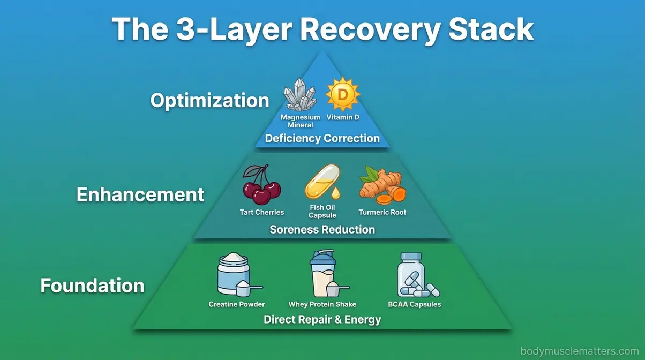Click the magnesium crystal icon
tap(300, 95)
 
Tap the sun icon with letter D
tap(343, 94)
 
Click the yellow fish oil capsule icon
tap(322, 182)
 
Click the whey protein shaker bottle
tap(325, 274)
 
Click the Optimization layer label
tap(209, 100)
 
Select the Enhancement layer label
tap(140, 194)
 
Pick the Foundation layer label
tap(92, 286)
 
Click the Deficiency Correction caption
tap(322, 138)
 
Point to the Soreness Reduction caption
tap(322, 230)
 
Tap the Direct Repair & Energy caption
tap(322, 320)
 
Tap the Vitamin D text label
tap(343, 117)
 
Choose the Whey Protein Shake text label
tap(322, 304)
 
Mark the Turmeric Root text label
tap(382, 212)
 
